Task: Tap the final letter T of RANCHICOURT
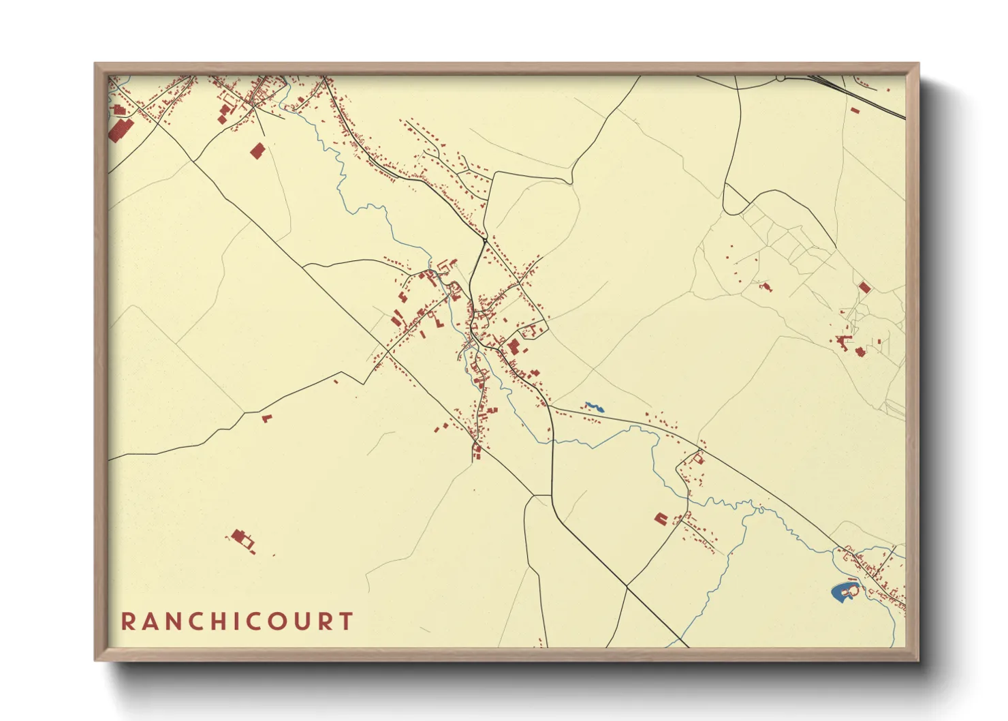point(347,622)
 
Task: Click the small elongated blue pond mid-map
point(595,407)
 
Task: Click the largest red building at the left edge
point(121,129)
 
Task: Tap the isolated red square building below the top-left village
point(257,151)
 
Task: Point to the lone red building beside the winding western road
point(266,417)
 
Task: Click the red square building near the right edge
point(864,288)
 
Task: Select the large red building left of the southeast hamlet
point(660,519)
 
